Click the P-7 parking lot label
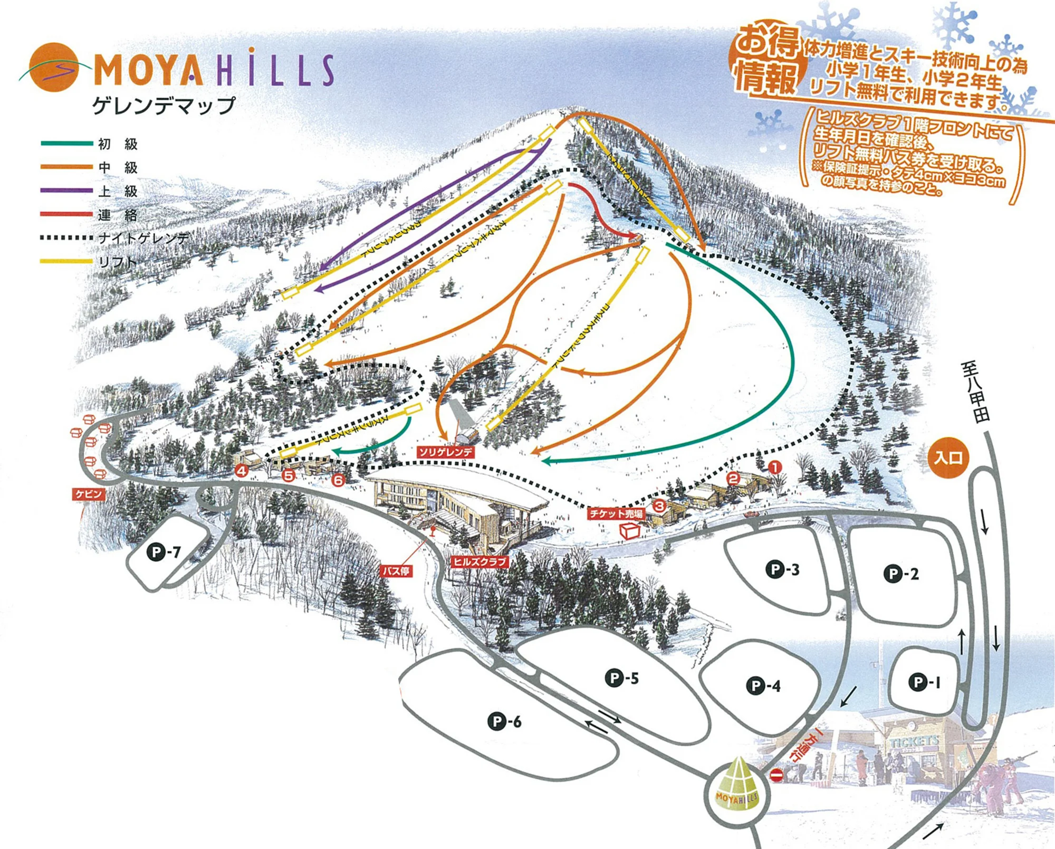coord(164,552)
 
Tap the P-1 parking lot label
coord(924,682)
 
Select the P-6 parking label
coord(504,721)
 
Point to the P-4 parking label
coord(763,686)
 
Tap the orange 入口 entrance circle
coord(948,457)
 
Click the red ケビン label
coord(89,494)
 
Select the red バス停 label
coord(396,570)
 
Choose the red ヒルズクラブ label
coord(479,562)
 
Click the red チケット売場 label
coord(616,513)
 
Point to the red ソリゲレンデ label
coord(446,452)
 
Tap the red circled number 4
coord(242,471)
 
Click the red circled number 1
coord(774,466)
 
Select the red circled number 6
coord(338,480)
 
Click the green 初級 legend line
coord(66,143)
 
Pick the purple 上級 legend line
coord(66,190)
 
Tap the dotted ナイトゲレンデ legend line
coord(66,238)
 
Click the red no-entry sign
coord(776,775)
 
